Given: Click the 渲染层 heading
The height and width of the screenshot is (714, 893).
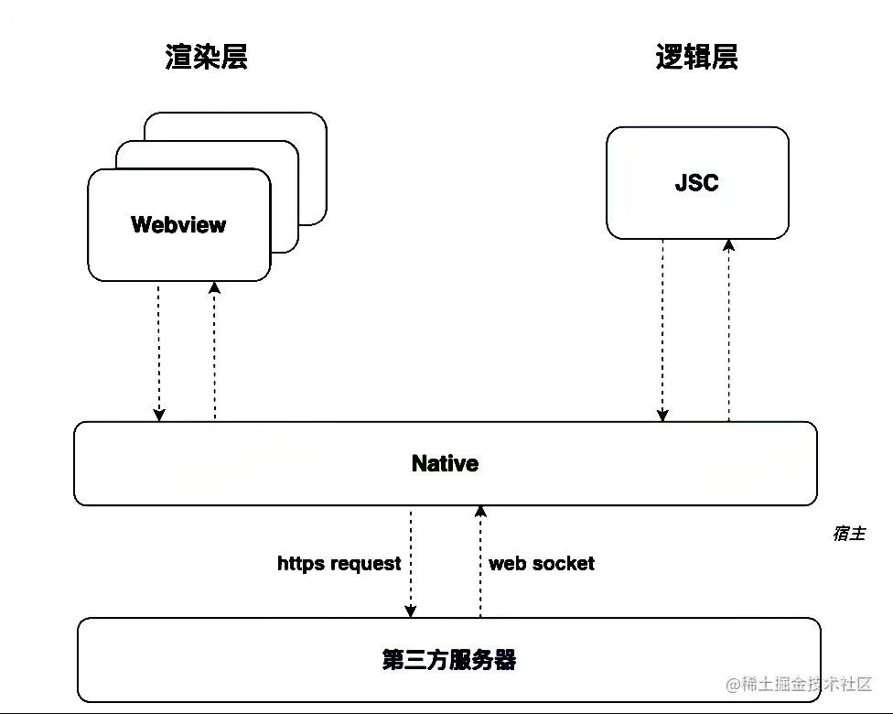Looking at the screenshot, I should point(207,57).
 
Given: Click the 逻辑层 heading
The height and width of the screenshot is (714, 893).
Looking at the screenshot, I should point(696,57).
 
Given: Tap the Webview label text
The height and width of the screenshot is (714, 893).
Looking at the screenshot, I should point(178,224).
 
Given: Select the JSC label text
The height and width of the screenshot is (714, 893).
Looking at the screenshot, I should point(696,182).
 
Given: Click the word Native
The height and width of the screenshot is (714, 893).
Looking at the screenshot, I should point(445,463).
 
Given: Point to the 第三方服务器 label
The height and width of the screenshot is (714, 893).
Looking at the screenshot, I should point(448,659).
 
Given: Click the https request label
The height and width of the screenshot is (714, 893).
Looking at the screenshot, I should point(339,563).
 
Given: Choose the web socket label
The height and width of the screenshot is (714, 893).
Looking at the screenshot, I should point(542,563).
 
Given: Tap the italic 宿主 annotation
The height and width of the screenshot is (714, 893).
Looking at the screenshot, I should point(848,533).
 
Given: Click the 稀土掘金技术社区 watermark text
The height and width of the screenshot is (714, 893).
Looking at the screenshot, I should point(805,685).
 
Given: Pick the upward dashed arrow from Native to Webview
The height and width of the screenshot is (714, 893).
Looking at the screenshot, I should point(214,352).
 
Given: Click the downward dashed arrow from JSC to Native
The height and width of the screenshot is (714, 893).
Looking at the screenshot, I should point(662,330).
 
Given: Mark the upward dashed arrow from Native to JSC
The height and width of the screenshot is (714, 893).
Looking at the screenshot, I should point(728,330).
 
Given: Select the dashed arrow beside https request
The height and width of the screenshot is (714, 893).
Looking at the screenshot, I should point(411,563).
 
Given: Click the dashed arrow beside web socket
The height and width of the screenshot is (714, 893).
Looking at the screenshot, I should point(479,563).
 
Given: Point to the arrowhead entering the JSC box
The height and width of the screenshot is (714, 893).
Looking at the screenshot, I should point(728,245).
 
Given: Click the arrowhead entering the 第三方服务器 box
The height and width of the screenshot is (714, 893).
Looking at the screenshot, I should point(411,611).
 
